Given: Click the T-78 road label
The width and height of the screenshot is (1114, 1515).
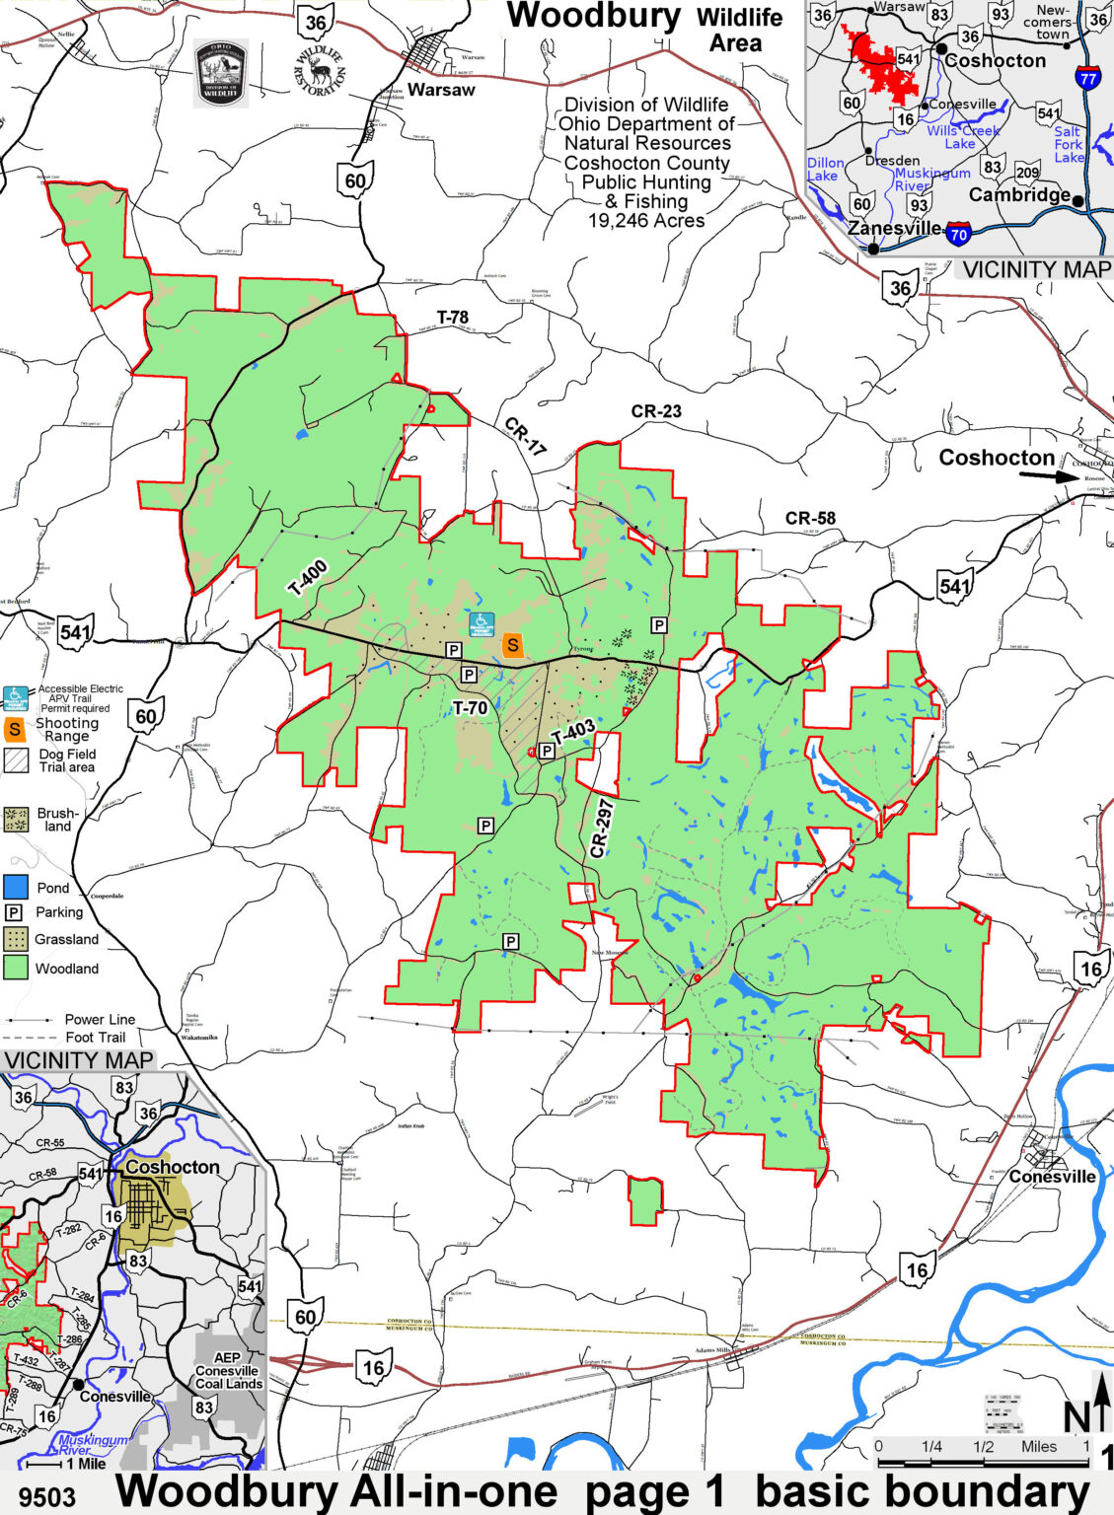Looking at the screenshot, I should pos(453,318).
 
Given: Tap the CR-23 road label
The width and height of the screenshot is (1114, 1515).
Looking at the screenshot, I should pos(656,411).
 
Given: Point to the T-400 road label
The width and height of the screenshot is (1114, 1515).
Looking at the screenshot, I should pos(308,577).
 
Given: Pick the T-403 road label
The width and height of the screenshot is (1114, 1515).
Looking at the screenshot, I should pos(573,732).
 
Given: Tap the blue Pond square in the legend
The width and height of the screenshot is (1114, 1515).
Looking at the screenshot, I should pos(15,887).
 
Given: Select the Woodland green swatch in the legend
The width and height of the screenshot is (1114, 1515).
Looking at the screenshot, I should pos(15,968).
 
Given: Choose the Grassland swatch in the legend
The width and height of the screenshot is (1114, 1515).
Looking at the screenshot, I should pos(15,938).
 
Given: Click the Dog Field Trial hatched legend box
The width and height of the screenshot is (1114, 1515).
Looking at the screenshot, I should pos(16,759).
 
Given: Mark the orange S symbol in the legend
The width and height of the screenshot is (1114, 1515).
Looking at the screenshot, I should pos(15,730).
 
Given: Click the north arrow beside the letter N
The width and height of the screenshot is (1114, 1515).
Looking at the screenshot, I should pos(1102,1401).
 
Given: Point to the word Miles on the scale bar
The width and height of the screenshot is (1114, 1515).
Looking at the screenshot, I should pos(1039,1446).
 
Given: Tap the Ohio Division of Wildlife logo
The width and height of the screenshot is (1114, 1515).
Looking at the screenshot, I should pos(221,72).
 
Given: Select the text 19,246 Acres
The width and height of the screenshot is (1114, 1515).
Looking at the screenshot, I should pos(646,221).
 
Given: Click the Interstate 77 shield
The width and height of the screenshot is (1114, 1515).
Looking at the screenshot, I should pos(1087,78).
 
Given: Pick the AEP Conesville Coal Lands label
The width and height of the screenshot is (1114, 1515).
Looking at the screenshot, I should pos(227,1371).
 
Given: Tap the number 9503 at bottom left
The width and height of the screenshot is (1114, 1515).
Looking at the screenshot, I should pos(46,1496).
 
